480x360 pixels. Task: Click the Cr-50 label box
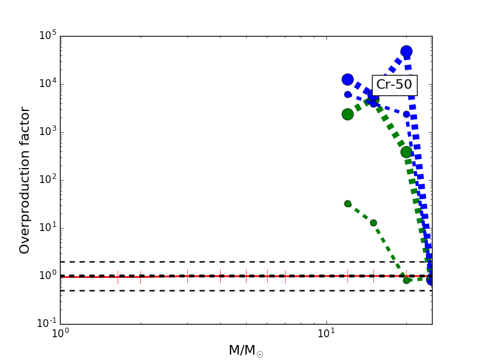coord(394,85)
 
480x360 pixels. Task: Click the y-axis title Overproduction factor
coord(25,180)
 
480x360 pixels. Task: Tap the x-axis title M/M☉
coord(245,350)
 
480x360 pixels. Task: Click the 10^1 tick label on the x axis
coord(326,334)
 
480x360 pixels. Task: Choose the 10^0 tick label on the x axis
coord(60,334)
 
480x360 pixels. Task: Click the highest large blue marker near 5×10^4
coord(406,51)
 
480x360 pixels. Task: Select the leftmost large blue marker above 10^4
coord(347,79)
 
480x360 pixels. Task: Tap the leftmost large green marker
coord(347,114)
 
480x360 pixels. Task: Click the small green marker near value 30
coord(347,203)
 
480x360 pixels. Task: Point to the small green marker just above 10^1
coord(373,223)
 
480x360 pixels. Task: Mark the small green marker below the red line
coord(406,280)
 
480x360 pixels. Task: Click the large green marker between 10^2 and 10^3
coord(406,152)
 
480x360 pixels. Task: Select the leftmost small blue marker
coord(347,94)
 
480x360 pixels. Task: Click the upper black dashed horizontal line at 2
coord(180,262)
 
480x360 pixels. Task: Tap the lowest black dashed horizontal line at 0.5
coord(180,290)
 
